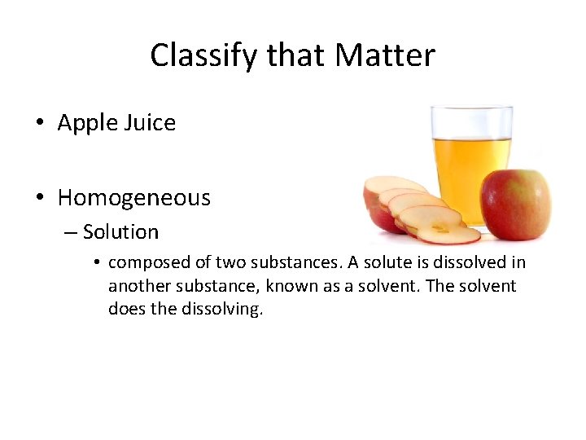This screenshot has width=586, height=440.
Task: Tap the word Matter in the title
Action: [385, 55]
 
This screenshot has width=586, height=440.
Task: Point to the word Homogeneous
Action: [134, 198]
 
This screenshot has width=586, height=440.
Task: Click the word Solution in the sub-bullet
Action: [120, 232]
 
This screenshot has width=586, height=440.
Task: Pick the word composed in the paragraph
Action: [146, 262]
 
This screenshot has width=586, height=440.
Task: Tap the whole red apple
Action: [515, 205]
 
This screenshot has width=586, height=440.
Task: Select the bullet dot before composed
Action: [96, 263]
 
